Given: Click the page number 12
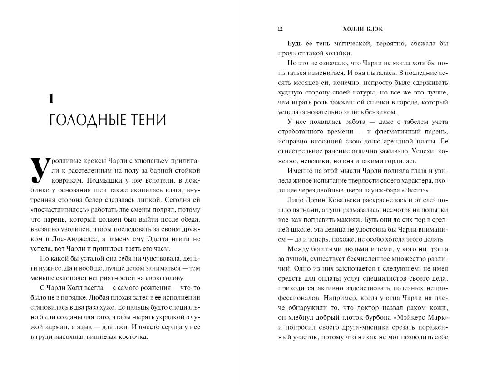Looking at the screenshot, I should [x=280, y=30].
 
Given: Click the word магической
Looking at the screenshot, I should [x=345, y=44].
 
